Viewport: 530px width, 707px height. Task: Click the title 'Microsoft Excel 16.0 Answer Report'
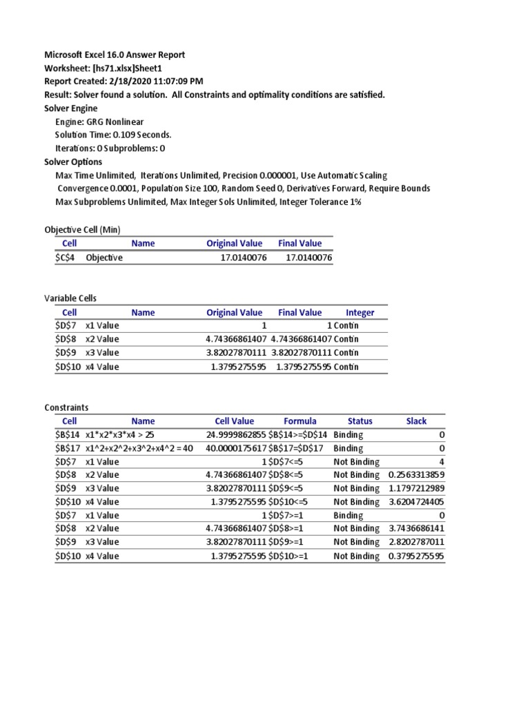115,55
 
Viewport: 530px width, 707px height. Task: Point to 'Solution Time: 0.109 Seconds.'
113,135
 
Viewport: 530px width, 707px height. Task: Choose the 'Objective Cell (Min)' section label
82,229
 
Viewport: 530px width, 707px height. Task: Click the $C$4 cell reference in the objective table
66,258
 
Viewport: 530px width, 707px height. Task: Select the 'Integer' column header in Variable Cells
360,313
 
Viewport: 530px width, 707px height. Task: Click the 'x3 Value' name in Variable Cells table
102,353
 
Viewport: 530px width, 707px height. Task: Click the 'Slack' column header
416,420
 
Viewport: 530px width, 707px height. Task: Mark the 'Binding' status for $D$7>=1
348,515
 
